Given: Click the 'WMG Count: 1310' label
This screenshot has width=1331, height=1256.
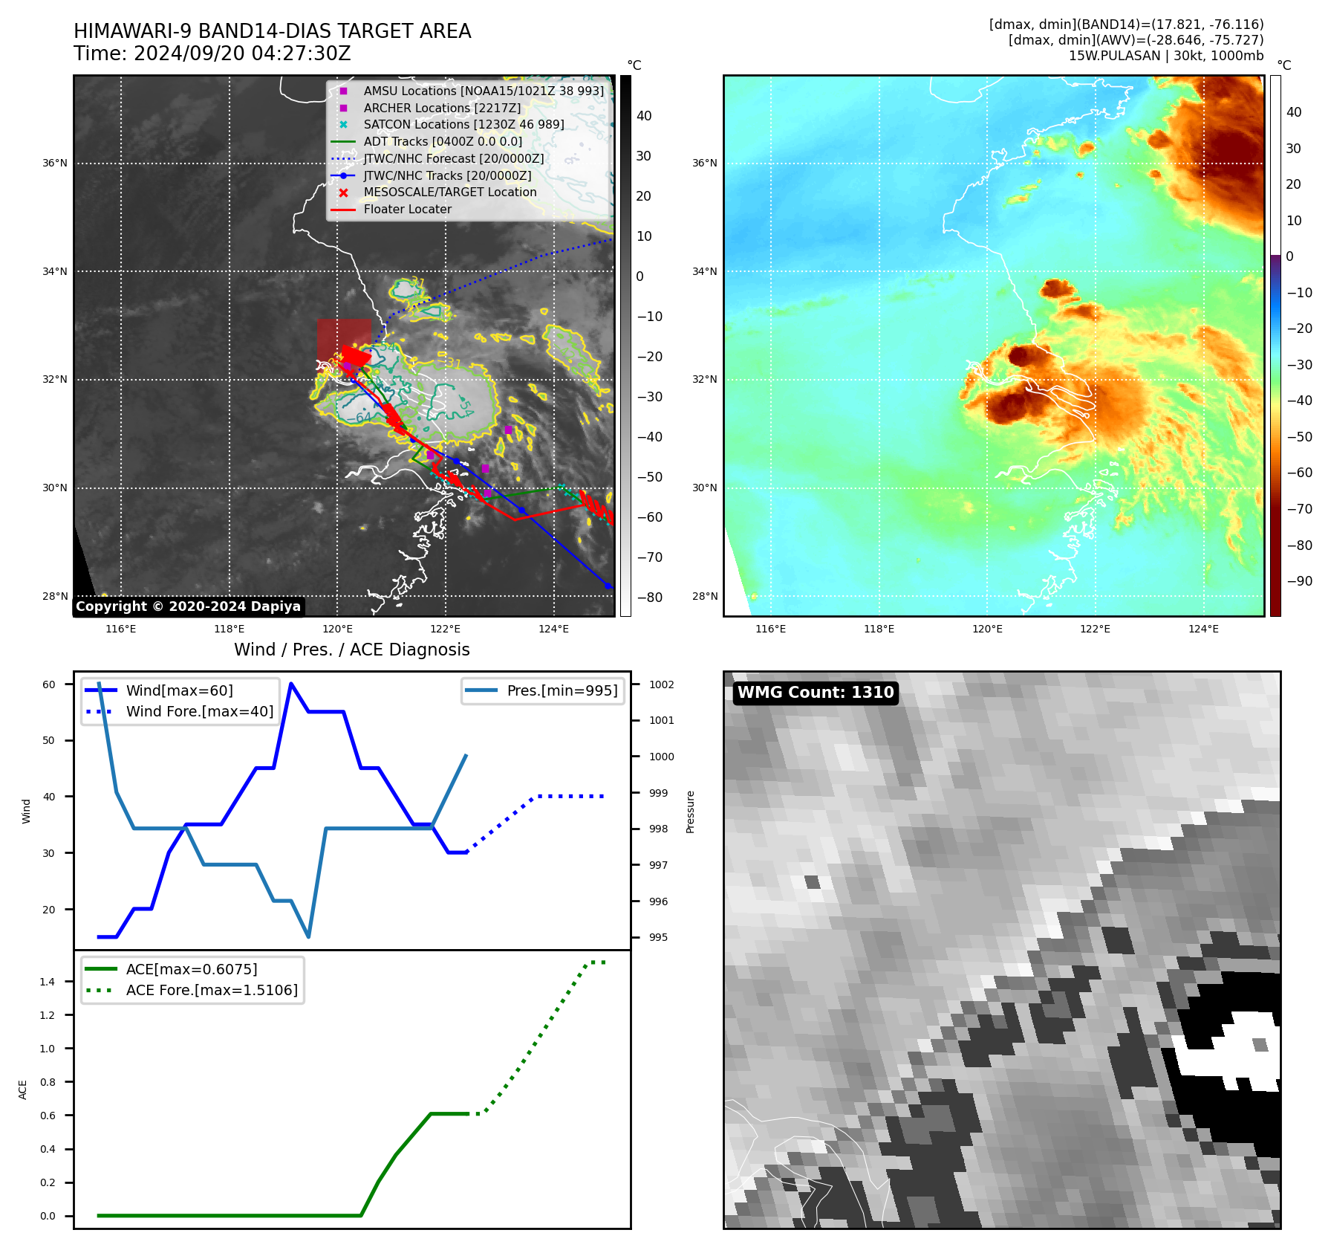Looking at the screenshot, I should coord(815,693).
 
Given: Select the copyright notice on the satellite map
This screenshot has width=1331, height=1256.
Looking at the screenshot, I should coord(188,606).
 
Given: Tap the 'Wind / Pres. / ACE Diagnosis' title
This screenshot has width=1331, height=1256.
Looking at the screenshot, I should coord(351,650).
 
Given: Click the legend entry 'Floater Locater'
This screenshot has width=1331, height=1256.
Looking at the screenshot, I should coord(407,210).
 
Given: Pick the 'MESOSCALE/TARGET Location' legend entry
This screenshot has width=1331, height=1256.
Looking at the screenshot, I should coord(449,192).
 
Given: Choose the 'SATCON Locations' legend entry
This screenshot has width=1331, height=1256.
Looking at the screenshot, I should coord(463,125).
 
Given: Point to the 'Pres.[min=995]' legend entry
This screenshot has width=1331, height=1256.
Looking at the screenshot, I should coord(562,691).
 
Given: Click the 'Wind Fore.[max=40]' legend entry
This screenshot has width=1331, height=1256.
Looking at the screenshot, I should coord(199,712).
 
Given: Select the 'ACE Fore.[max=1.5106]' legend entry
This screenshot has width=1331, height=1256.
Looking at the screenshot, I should coord(211,991).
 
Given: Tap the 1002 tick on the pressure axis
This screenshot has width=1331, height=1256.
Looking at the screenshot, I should coord(661,684).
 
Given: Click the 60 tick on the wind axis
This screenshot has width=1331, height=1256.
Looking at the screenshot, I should coord(49,684).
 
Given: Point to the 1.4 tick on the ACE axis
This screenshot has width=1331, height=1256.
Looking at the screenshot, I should coord(48,982).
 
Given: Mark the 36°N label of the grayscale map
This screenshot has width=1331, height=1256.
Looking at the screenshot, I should coord(55,164).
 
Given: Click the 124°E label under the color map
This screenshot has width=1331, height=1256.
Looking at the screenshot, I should coord(1203,629).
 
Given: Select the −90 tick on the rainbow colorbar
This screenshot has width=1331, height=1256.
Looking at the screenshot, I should coord(1299,581).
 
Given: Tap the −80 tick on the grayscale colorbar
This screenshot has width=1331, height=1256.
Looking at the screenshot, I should coord(649,598).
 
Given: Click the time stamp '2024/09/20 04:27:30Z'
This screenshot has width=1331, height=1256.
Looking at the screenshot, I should coord(242,54).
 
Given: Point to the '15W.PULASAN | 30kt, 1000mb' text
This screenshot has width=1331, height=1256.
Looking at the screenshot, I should coord(1165,56).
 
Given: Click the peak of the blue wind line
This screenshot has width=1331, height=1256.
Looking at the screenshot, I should coord(291,684).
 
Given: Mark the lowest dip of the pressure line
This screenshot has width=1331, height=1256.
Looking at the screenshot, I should coord(308,936).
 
